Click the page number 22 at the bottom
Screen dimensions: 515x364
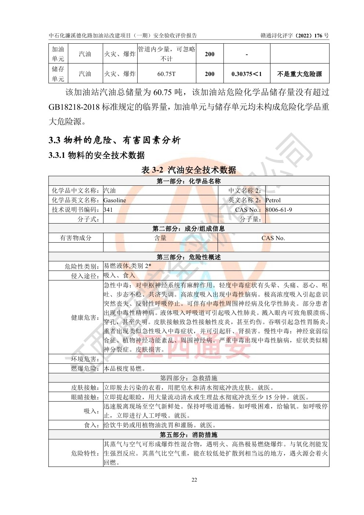click(194, 480)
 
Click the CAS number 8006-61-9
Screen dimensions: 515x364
click(279, 210)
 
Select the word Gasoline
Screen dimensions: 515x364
click(115, 200)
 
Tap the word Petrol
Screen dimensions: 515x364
click(273, 200)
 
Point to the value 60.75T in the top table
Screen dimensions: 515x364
click(167, 74)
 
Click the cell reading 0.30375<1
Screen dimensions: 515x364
click(247, 74)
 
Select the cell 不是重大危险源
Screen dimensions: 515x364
click(299, 74)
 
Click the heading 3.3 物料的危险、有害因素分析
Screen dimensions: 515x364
click(114, 140)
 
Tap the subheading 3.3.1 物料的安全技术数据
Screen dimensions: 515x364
click(97, 156)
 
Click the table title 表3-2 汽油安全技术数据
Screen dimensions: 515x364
click(189, 170)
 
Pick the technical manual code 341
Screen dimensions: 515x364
click(108, 210)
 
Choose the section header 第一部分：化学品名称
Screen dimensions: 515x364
click(189, 181)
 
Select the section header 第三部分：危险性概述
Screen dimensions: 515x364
click(189, 257)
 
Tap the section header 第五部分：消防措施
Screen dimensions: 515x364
click(189, 435)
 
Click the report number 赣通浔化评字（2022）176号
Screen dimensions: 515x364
click(295, 36)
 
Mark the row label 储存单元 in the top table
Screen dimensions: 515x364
click(58, 74)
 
